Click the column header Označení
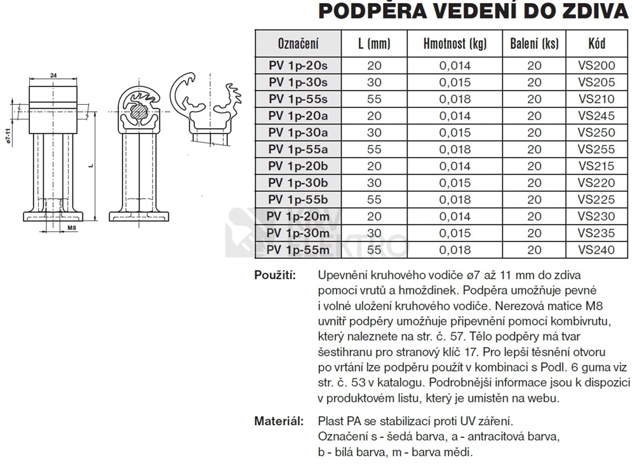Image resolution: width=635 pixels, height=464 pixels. [298, 44]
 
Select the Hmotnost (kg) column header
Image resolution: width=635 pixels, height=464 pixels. [455, 44]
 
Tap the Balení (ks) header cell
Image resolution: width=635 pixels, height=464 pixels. [534, 44]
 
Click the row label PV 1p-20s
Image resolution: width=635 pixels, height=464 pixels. [298, 65]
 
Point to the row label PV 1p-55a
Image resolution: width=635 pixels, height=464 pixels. [298, 149]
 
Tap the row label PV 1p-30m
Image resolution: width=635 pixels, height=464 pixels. [298, 233]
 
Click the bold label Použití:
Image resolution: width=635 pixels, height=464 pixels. [275, 275]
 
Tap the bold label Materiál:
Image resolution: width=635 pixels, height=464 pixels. [277, 421]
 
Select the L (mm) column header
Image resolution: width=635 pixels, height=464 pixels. [375, 44]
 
